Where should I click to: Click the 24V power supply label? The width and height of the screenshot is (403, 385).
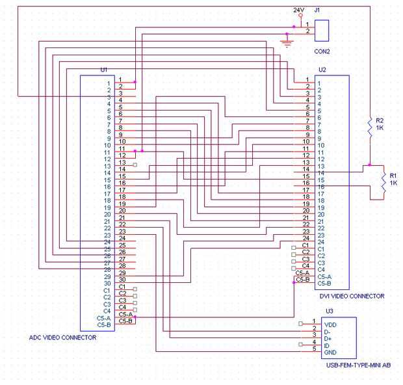pyautogui.click(x=298, y=10)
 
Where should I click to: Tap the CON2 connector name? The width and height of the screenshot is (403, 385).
pyautogui.click(x=322, y=51)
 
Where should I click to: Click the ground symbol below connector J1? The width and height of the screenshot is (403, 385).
pyautogui.click(x=287, y=44)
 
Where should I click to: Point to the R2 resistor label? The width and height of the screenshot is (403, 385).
pyautogui.click(x=380, y=120)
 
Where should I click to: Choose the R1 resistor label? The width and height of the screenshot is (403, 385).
pyautogui.click(x=393, y=176)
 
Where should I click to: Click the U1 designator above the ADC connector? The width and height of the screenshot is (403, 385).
pyautogui.click(x=104, y=69)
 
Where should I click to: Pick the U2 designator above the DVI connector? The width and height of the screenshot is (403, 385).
pyautogui.click(x=322, y=69)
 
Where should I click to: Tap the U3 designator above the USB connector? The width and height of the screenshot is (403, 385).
pyautogui.click(x=330, y=311)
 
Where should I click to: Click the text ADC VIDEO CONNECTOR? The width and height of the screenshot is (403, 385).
pyautogui.click(x=63, y=338)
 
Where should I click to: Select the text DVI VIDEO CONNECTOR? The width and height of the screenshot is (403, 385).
pyautogui.click(x=351, y=296)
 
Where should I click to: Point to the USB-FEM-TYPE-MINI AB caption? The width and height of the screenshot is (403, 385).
pyautogui.click(x=358, y=365)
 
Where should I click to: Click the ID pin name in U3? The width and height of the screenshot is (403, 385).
pyautogui.click(x=328, y=345)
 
